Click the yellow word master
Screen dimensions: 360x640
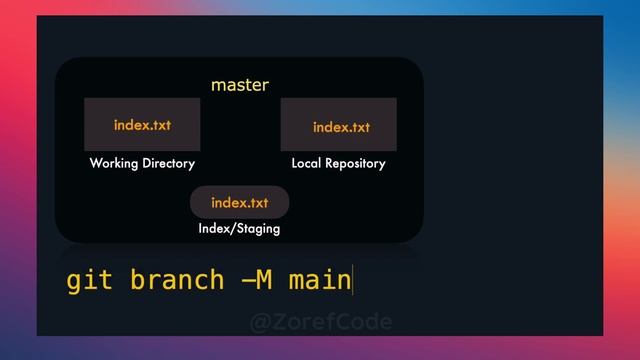(x=240, y=85)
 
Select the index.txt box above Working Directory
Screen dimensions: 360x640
(x=142, y=124)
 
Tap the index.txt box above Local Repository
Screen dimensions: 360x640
(x=338, y=124)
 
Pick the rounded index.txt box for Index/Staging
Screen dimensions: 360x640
(x=239, y=202)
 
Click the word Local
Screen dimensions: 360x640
(x=306, y=163)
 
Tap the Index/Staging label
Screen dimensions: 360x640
(x=239, y=229)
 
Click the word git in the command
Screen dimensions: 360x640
(x=88, y=280)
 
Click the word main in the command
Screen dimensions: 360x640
(x=319, y=280)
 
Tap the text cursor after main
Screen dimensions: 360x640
(x=353, y=280)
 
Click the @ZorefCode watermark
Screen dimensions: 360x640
(x=320, y=321)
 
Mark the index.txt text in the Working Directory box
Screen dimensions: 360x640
(x=142, y=125)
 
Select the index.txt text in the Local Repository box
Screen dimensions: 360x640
(x=341, y=127)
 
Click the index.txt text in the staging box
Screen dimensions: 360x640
(x=239, y=203)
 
